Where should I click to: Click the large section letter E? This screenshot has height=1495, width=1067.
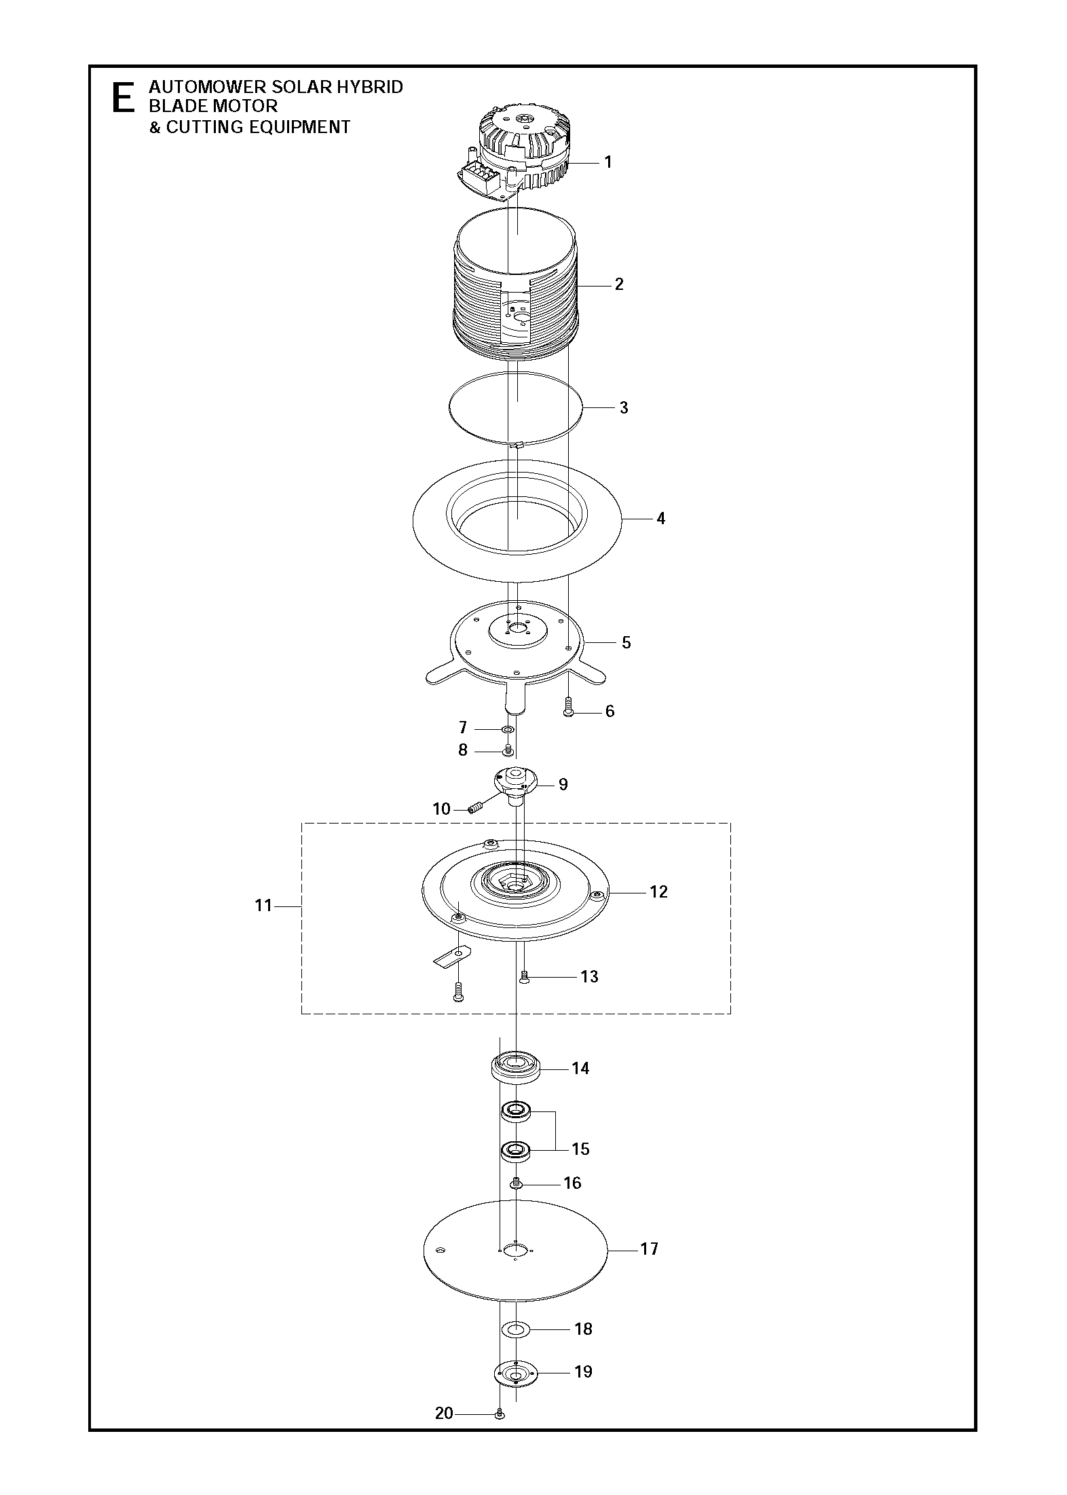click(122, 98)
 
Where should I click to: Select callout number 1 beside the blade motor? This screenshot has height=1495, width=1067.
click(608, 162)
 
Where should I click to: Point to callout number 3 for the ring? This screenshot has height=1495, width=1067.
click(624, 408)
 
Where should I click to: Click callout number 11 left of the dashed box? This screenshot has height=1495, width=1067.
click(263, 906)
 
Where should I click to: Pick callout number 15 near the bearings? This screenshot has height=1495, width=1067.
click(580, 1149)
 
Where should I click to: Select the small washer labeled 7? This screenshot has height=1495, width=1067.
click(507, 730)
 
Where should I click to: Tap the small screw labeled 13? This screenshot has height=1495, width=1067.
click(523, 978)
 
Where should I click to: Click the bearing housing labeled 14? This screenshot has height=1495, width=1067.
click(516, 1068)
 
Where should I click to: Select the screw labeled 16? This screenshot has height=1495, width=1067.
click(516, 1184)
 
